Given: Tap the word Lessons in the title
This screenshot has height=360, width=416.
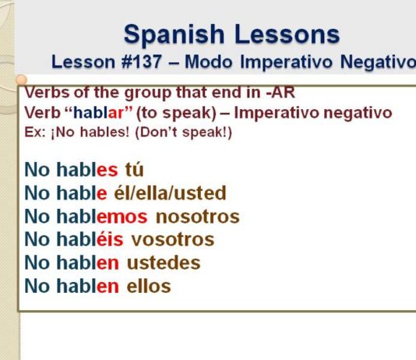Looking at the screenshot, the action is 287,34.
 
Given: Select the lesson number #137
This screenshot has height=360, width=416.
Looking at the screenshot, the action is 141,62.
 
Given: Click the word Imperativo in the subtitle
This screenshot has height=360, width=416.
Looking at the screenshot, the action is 286,62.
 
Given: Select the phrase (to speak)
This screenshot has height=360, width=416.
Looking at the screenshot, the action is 176,114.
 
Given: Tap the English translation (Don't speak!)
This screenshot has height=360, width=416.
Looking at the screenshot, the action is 183,132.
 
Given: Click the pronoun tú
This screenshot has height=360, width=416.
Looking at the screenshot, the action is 134,170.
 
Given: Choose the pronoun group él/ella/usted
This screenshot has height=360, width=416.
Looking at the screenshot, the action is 170,193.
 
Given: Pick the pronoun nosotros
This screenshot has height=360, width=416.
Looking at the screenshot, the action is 198,217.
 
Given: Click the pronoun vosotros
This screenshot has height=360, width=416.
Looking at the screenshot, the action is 173,240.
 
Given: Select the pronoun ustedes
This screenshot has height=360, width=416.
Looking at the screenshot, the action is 164,263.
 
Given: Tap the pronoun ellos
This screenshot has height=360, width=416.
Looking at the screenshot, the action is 149,286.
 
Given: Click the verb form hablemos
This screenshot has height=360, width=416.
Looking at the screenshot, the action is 102,216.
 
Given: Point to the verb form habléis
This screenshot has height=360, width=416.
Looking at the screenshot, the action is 90,238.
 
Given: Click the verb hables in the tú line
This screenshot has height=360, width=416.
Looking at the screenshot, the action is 87,169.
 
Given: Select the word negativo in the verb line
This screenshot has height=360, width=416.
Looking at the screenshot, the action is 358,114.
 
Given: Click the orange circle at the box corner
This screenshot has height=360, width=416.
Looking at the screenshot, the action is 21,79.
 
